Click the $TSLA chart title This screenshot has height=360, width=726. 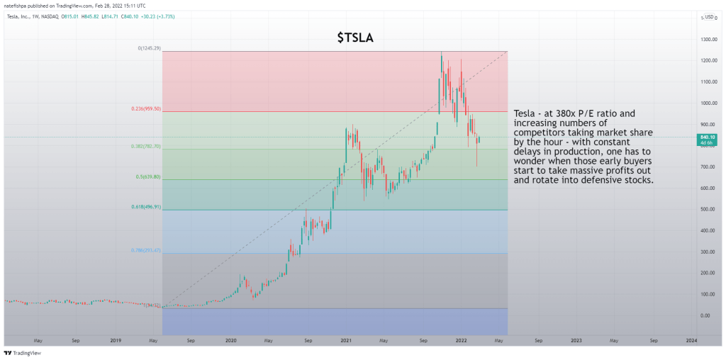354,38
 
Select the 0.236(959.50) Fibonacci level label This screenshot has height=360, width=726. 146,108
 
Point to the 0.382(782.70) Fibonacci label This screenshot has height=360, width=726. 146,147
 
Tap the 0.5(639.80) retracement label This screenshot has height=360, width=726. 148,177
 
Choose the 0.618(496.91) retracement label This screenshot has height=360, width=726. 146,208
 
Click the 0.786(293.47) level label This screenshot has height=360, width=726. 146,250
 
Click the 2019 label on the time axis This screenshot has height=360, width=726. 115,340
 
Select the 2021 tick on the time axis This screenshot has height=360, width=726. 346,340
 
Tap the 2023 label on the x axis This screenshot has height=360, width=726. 576,340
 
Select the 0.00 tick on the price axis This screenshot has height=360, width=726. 705,315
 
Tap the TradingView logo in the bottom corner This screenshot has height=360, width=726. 23,352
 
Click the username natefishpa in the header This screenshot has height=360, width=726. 18,5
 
